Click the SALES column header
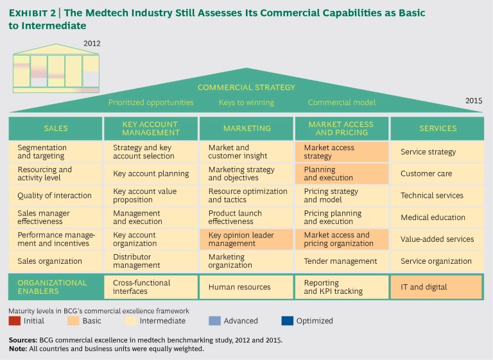tap(55, 128)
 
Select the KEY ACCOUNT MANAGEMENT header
tap(150, 128)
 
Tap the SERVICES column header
tap(437, 128)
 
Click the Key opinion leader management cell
tap(246, 239)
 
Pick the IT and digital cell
tap(437, 287)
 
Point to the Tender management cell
tap(341, 261)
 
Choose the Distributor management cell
tap(150, 261)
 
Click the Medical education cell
tap(437, 218)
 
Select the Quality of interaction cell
tap(55, 196)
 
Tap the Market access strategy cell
tap(341, 152)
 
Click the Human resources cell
tap(246, 287)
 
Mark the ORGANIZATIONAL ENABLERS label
tap(55, 287)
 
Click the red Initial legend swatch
tap(14, 321)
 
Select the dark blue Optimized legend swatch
tap(286, 321)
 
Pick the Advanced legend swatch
tap(214, 321)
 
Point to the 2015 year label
tap(474, 101)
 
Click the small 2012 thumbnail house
tap(56, 69)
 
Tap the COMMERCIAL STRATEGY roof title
tap(246, 87)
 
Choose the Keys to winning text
tap(246, 102)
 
